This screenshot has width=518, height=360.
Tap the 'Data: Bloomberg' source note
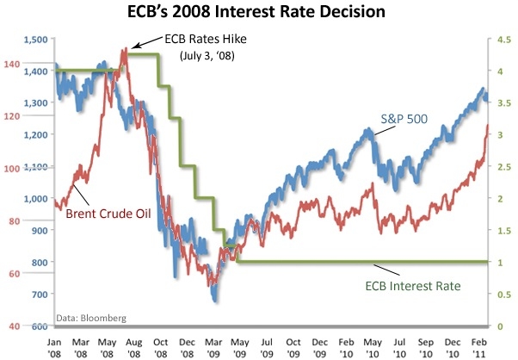[91, 318]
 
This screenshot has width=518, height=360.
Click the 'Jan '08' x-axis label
[54, 346]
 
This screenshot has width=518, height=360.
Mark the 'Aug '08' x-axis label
[135, 346]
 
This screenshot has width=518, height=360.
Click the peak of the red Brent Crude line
[124, 50]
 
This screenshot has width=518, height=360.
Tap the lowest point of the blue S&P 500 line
[214, 301]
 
